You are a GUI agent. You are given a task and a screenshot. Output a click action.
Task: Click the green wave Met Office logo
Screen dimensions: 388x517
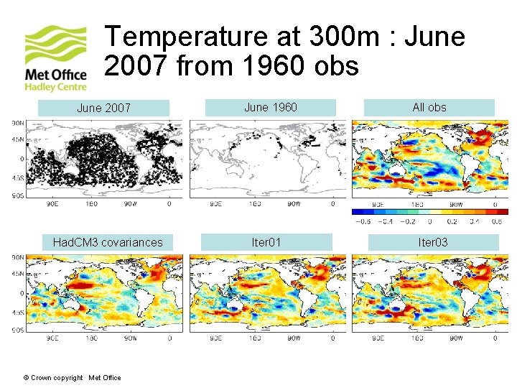[56, 45]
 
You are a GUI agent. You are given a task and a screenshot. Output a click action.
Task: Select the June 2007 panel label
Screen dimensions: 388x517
[103, 108]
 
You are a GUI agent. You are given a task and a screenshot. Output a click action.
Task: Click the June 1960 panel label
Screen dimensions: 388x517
[270, 108]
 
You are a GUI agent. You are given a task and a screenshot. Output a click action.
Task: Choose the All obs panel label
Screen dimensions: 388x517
[429, 108]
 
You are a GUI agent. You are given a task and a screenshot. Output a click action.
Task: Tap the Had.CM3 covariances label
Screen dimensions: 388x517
[108, 243]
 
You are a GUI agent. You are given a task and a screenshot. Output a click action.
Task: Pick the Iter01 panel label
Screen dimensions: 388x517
[266, 243]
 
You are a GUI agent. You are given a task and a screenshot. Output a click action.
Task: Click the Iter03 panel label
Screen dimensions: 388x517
[433, 243]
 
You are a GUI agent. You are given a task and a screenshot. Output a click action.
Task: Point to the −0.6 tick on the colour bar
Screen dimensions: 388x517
[363, 221]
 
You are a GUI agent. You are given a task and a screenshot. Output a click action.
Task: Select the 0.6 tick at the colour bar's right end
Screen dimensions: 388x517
[495, 221]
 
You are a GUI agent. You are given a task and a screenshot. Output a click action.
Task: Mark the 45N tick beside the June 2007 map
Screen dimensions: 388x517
[16, 141]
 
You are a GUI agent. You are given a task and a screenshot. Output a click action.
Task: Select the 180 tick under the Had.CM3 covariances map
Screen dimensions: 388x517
[92, 338]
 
